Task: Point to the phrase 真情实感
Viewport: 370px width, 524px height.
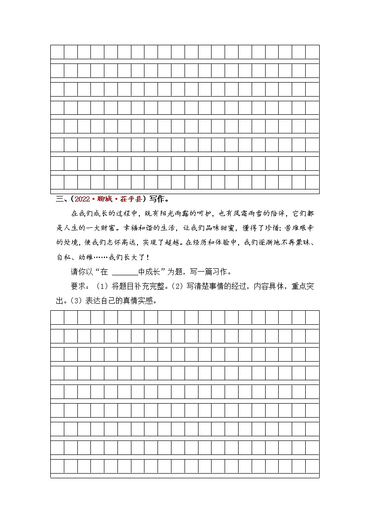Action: tap(133, 300)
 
